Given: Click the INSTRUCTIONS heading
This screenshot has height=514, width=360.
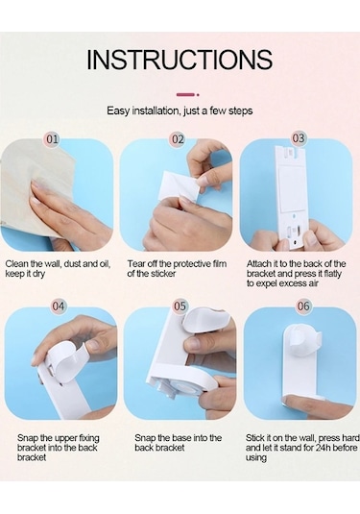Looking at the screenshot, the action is (x=180, y=60).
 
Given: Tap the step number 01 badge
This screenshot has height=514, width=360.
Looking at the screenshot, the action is (x=52, y=139).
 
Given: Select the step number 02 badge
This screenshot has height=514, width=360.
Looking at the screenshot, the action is (x=178, y=139).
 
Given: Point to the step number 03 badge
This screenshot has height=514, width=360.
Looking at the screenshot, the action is (x=299, y=138).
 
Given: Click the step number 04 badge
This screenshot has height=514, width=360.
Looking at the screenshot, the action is (x=58, y=306).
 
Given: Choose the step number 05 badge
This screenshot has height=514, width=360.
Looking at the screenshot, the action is (x=180, y=306).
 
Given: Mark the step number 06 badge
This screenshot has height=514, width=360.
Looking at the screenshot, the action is (x=303, y=306).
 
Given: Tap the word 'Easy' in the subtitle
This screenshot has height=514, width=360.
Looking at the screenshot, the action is (x=119, y=110).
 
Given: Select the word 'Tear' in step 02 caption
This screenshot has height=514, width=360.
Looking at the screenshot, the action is (x=136, y=264).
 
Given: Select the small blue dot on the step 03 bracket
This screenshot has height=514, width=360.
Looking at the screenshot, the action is (x=294, y=217).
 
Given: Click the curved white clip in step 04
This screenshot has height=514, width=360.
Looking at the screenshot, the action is (x=67, y=361).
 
